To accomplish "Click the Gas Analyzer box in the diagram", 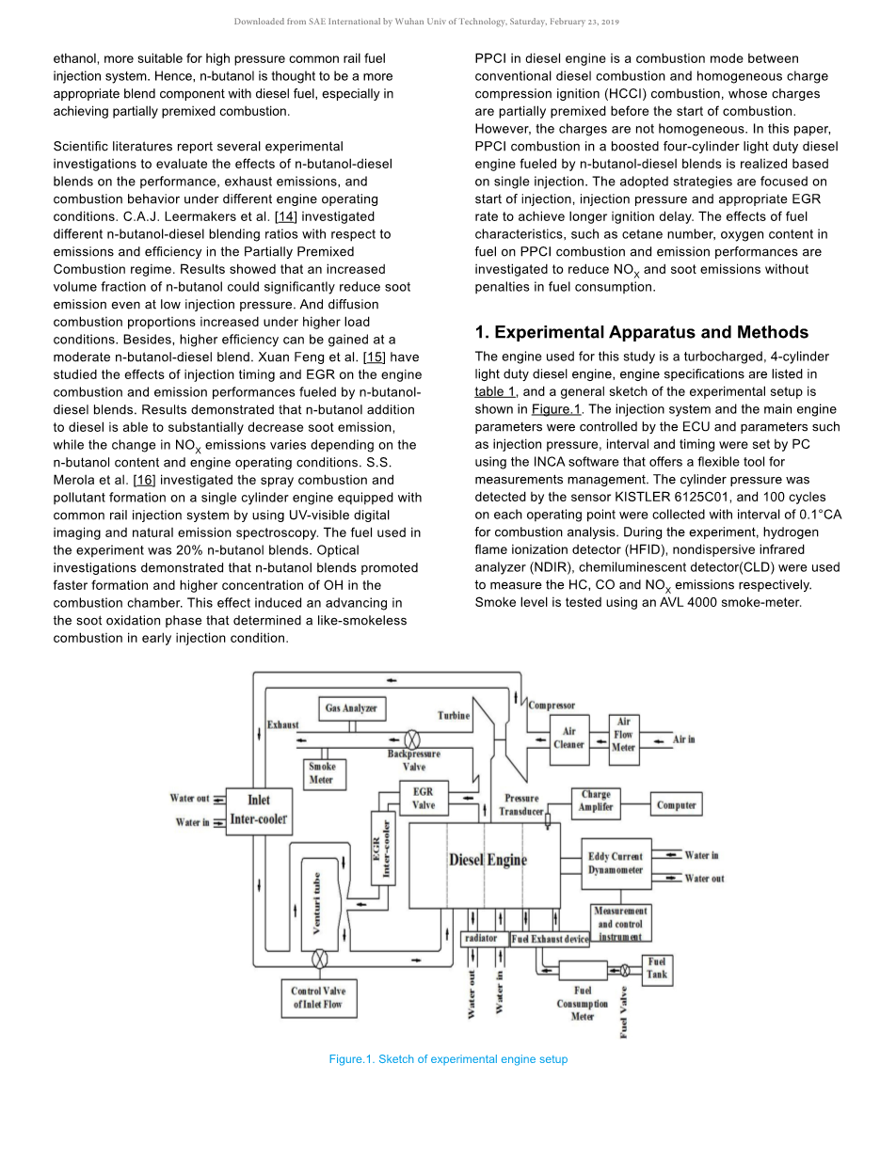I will coord(351,708).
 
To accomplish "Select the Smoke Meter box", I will coord(321,773).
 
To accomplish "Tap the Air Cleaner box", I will coord(568,738).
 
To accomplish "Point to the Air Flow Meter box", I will coord(623,735).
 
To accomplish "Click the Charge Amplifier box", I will coord(596,802).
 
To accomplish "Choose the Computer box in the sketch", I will coord(676,805).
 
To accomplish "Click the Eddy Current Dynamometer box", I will coord(616,864).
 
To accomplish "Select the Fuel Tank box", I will coord(657,968).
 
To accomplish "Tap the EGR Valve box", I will coord(424,799).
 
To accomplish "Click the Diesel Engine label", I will coord(488,860).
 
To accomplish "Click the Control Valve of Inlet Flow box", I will coord(317,998).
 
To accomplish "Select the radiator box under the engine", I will coord(481,939).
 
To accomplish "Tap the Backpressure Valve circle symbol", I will coord(412,739).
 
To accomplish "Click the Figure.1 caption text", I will coord(448,1059).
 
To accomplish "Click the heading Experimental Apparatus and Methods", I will coord(641,332).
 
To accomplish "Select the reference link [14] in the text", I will coord(286,216).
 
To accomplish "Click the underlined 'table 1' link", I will coord(494,391).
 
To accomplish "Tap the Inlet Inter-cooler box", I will coord(258,810).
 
